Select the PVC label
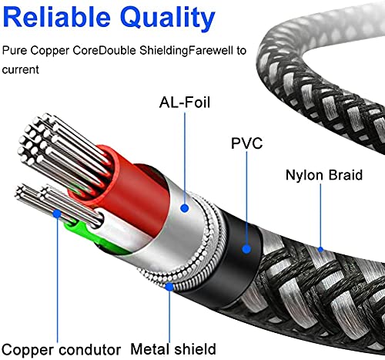click(246, 143)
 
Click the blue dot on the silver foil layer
click(184, 207)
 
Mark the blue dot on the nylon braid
click(320, 248)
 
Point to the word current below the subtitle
click(21, 69)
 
